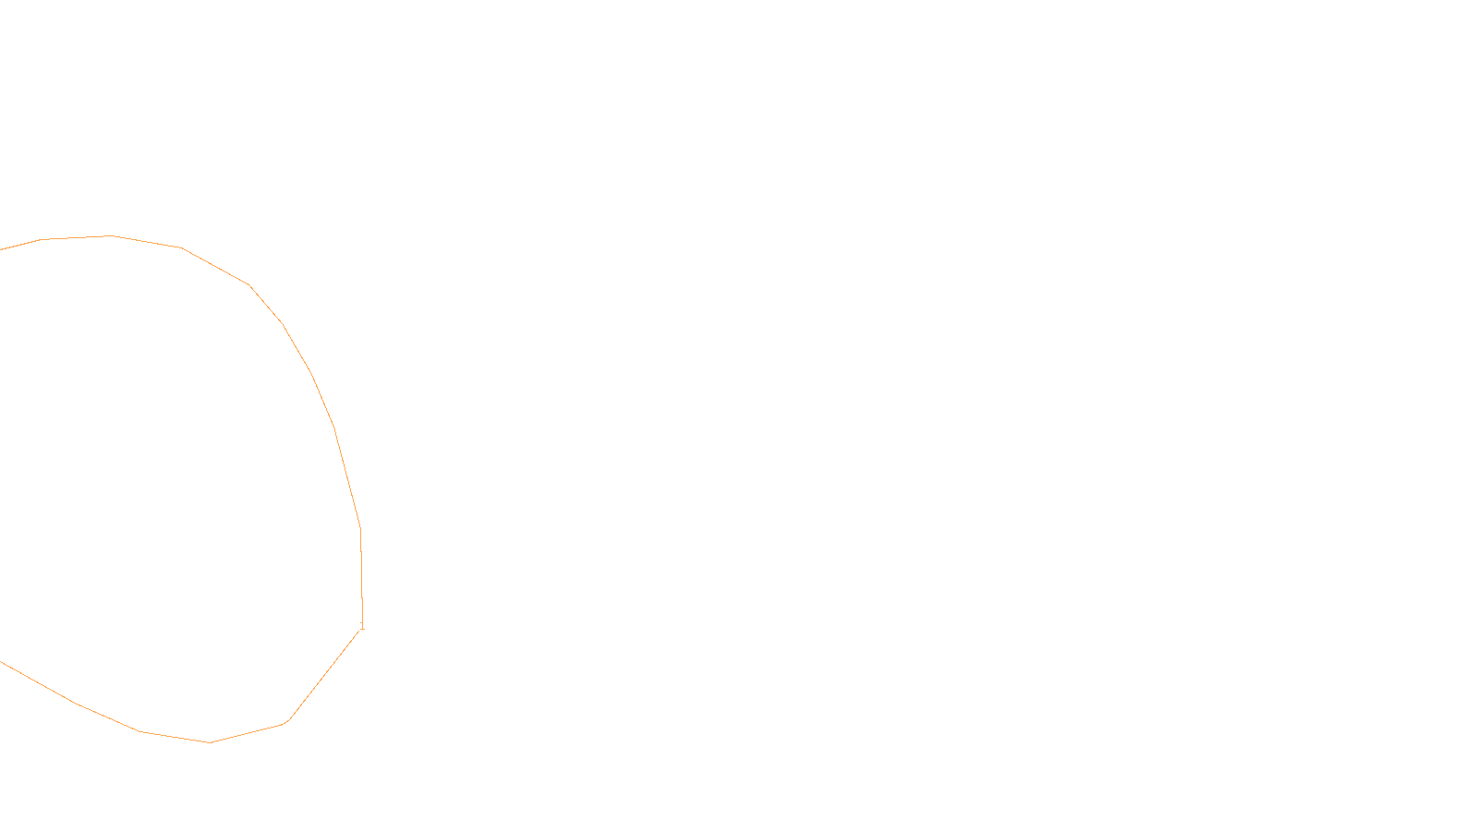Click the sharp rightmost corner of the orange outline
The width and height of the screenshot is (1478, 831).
click(362, 628)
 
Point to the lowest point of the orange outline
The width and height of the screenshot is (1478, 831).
click(210, 742)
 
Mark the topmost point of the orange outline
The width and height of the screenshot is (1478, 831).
click(111, 236)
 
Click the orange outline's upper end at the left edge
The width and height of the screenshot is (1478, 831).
click(2, 249)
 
